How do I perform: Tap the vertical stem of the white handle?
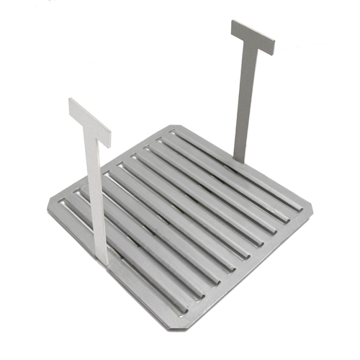[x=96, y=194]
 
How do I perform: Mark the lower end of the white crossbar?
[x=107, y=140]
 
